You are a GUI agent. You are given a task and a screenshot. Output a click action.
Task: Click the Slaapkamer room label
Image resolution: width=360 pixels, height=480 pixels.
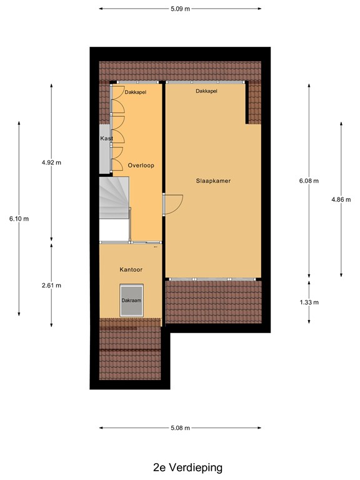(x=213, y=181)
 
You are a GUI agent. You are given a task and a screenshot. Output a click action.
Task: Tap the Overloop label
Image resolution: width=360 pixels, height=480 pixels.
(x=141, y=165)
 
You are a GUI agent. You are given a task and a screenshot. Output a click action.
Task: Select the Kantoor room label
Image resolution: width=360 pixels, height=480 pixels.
(x=131, y=269)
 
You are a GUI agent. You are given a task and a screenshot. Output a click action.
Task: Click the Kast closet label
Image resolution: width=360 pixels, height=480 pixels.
(x=106, y=138)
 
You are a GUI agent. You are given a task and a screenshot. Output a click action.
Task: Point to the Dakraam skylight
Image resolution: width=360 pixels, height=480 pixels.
(x=131, y=300)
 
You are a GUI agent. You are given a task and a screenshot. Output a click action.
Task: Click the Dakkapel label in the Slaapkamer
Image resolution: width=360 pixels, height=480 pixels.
(x=207, y=91)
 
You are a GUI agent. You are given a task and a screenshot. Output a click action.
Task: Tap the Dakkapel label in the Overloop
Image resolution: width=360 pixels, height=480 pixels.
(x=135, y=92)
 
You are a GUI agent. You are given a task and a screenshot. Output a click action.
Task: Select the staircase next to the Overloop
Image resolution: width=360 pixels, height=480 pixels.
(x=114, y=197)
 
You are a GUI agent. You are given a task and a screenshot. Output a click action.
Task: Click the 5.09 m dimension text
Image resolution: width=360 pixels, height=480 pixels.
(x=180, y=9)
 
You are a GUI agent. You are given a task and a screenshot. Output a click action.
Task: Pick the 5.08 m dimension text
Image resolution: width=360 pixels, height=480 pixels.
(x=180, y=427)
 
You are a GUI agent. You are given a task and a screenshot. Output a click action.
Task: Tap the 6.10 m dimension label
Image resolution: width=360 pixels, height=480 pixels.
(x=19, y=219)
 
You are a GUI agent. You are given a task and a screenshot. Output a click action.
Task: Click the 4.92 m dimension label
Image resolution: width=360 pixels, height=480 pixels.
(x=51, y=162)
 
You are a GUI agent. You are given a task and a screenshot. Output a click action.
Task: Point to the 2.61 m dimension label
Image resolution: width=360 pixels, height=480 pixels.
(x=51, y=285)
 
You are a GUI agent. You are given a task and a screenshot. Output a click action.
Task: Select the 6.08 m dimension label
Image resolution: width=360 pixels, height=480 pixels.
(x=309, y=181)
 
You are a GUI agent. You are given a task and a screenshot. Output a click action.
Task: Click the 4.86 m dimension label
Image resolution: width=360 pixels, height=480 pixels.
(x=341, y=199)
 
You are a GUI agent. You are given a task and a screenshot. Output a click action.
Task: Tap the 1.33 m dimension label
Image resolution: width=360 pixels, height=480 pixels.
(x=309, y=302)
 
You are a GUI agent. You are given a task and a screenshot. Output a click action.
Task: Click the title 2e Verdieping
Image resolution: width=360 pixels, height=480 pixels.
(x=187, y=467)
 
